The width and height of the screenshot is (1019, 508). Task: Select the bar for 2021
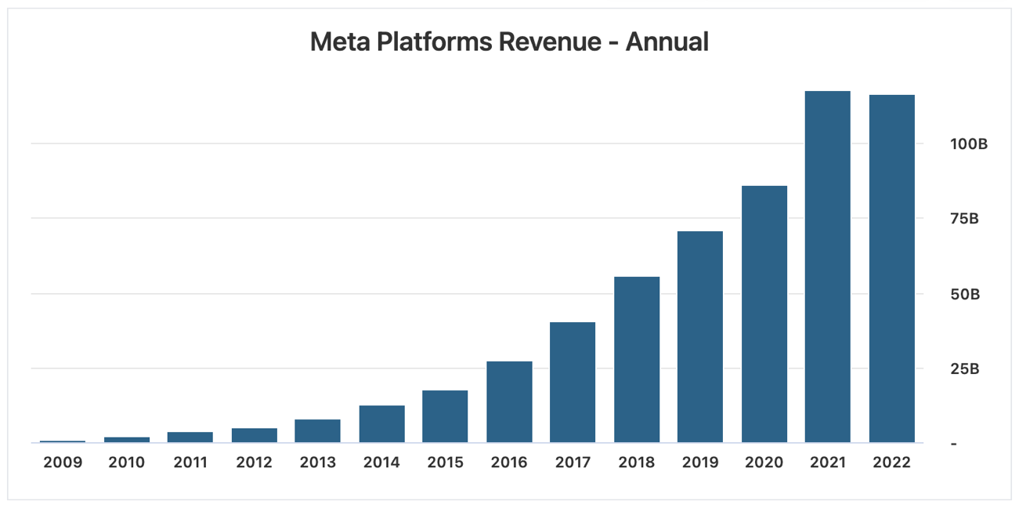tap(827, 267)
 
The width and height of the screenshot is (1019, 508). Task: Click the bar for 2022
tap(891, 269)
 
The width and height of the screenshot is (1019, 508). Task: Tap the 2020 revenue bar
tap(764, 314)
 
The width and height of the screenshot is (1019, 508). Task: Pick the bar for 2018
tap(636, 360)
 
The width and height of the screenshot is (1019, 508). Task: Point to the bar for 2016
tap(509, 402)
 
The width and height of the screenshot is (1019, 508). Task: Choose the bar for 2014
tap(381, 424)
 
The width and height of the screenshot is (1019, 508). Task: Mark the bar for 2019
tap(700, 337)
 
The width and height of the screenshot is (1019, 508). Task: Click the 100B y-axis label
tap(968, 144)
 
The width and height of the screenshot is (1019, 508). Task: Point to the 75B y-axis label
tap(964, 219)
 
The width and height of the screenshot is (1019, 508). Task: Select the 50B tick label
tap(964, 294)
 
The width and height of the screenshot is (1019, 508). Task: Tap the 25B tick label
tap(964, 368)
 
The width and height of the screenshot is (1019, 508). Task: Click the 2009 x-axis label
tap(63, 463)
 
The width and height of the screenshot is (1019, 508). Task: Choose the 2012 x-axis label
tap(254, 463)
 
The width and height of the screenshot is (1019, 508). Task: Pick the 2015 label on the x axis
tap(445, 463)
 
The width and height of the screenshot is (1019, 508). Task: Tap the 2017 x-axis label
tap(573, 463)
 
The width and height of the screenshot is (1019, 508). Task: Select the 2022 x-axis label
tap(891, 463)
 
